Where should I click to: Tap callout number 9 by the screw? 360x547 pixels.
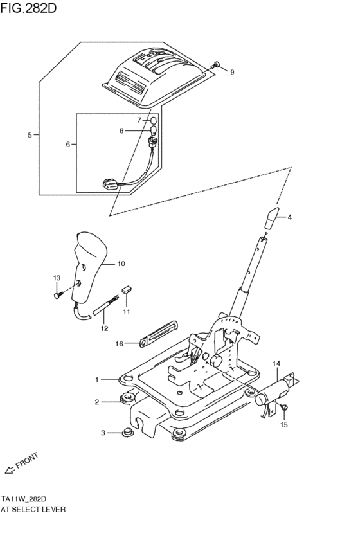[x=232, y=72]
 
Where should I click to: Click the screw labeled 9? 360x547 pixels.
[x=216, y=64]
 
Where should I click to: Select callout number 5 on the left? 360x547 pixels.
[x=30, y=135]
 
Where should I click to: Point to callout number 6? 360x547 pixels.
[x=68, y=145]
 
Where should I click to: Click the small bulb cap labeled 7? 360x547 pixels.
[x=154, y=120]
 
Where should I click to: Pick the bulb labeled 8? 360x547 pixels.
[x=154, y=132]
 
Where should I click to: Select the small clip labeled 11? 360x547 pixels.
[x=127, y=291]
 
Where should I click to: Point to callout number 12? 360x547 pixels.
[x=104, y=328]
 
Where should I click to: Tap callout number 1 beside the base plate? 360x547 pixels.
[x=97, y=380]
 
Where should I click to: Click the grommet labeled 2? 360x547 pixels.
[x=123, y=402]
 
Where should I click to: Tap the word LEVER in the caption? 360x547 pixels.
[x=54, y=508]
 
